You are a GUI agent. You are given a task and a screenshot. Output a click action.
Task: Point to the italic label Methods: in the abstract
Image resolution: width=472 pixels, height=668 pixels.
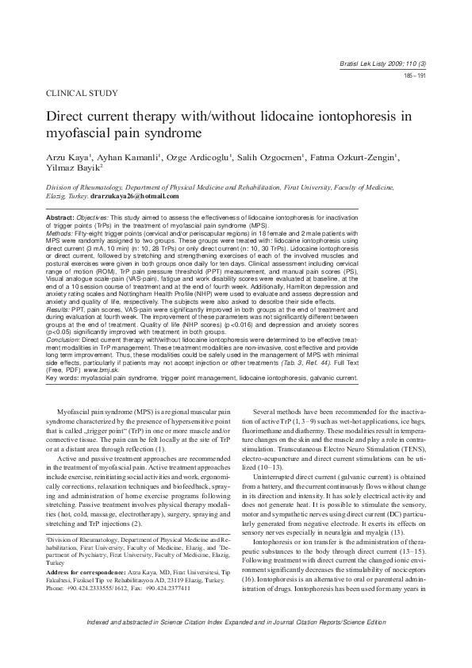coord(61,236)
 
